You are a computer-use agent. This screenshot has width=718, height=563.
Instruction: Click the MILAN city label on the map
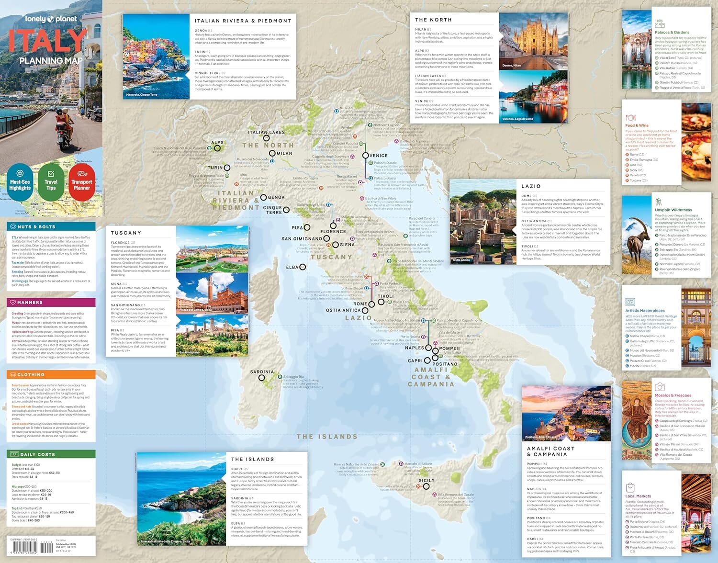pyautogui.click(x=284, y=154)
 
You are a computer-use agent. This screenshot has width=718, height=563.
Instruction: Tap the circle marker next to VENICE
pyautogui.click(x=365, y=156)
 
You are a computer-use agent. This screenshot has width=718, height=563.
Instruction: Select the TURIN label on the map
pyautogui.click(x=215, y=168)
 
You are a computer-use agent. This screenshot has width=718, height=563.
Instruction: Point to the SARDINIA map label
pyautogui.click(x=262, y=372)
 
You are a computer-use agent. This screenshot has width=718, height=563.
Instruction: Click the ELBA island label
pyautogui.click(x=292, y=267)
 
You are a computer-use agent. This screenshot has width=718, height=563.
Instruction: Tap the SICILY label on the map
pyautogui.click(x=426, y=480)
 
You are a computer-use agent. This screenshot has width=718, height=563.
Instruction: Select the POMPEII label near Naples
pyautogui.click(x=449, y=349)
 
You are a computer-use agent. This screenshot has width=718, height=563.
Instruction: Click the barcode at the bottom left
pyautogui.click(x=32, y=546)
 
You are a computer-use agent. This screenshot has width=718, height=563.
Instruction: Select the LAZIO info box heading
pyautogui.click(x=531, y=186)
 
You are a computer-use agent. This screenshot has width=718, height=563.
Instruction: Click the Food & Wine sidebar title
pyautogui.click(x=637, y=125)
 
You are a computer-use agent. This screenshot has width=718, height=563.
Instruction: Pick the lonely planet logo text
pyautogui.click(x=51, y=19)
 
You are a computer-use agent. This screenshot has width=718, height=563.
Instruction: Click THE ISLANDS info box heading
pyautogui.click(x=252, y=459)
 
